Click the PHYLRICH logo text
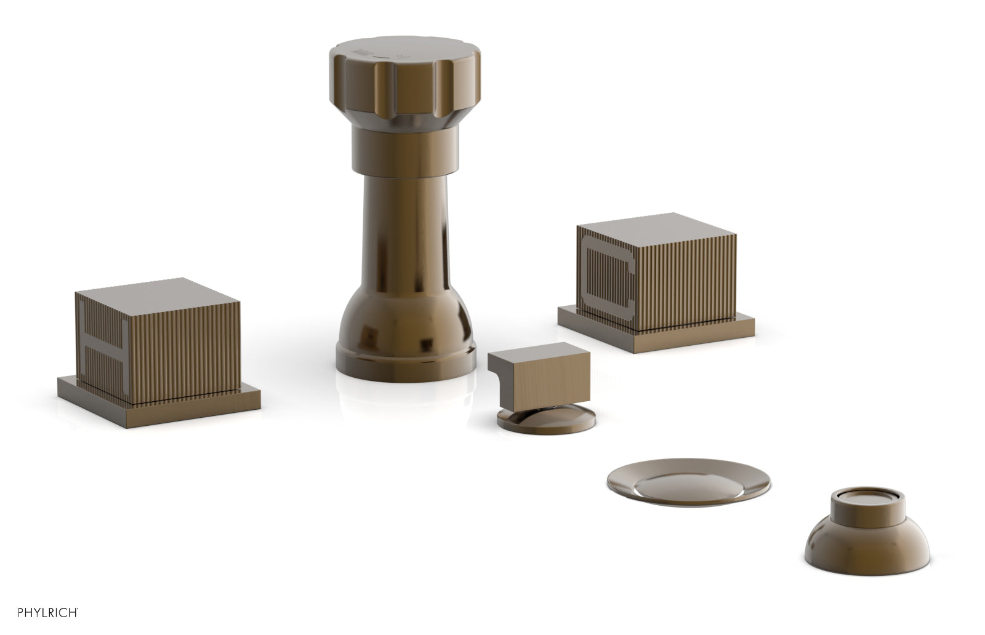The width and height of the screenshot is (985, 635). (48, 613)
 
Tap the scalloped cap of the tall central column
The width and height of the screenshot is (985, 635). (404, 84)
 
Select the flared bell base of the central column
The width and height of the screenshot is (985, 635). (406, 338)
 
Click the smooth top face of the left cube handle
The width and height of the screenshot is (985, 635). (158, 295)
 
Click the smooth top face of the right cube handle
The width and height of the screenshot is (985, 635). (656, 230)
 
